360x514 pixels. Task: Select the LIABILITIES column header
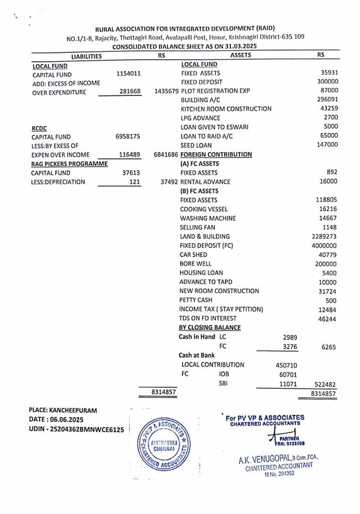[x=86, y=56]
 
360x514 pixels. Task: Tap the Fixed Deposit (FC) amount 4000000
[x=324, y=245]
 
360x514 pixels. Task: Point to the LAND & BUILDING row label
[x=204, y=236]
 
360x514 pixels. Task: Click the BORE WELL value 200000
[x=326, y=264]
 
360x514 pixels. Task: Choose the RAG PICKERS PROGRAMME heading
[x=69, y=164]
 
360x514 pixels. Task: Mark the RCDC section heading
[x=39, y=128]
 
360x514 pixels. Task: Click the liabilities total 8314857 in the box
[x=164, y=392]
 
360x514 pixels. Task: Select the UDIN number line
[x=76, y=430]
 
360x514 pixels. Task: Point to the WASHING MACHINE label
[x=207, y=218]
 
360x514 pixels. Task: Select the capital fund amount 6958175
[x=128, y=137]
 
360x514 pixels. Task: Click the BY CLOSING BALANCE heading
[x=210, y=328]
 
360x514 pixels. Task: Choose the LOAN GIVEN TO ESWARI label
[x=214, y=127]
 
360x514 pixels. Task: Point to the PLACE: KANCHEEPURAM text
[x=63, y=410]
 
